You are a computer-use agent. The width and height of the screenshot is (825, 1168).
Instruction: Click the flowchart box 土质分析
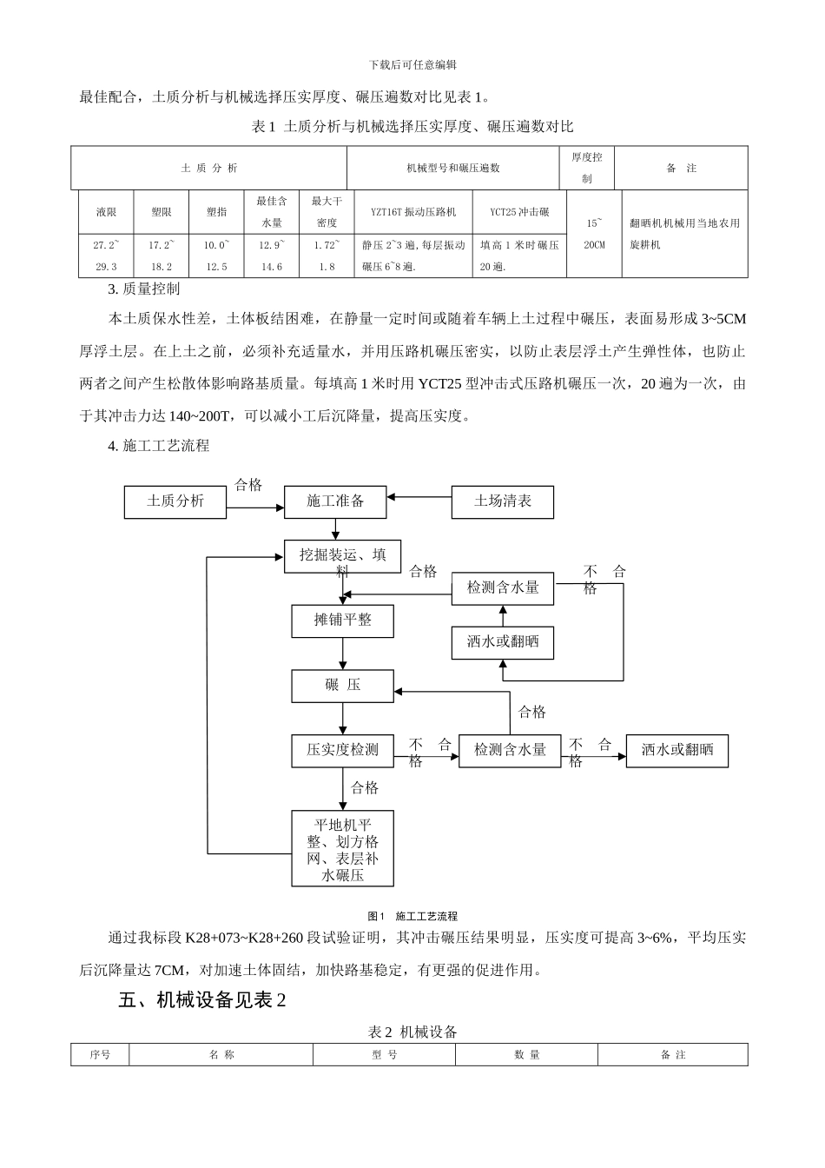(175, 501)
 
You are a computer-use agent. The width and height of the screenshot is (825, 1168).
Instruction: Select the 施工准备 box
(335, 501)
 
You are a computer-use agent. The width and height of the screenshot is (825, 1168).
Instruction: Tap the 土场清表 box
(502, 501)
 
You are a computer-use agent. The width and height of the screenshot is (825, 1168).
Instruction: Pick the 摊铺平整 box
(343, 620)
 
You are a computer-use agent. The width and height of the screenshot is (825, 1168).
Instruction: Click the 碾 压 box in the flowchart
(343, 686)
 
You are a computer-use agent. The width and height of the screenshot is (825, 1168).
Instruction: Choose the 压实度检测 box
(343, 750)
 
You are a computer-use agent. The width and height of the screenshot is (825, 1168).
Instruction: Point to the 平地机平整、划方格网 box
(343, 848)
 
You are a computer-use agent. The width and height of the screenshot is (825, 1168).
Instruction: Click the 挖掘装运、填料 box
(343, 556)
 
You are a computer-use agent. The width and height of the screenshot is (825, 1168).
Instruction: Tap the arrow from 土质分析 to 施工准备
(255, 501)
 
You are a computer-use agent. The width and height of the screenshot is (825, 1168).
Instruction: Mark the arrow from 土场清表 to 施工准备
(419, 498)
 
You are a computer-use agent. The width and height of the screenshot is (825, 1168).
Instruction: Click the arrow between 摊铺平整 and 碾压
(343, 654)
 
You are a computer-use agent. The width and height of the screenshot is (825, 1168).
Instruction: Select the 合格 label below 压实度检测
(365, 788)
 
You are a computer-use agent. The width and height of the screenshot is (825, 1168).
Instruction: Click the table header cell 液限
(106, 212)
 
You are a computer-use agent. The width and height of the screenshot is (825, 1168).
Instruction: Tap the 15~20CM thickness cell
(594, 235)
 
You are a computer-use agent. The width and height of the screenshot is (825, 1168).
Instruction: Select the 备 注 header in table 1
(681, 169)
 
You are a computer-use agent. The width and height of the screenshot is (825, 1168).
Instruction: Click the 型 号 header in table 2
(384, 1055)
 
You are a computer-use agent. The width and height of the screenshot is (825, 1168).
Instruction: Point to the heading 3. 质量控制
(143, 289)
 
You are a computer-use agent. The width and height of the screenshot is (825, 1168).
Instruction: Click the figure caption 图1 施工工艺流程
(412, 916)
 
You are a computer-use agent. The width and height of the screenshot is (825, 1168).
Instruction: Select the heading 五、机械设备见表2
(202, 1001)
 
